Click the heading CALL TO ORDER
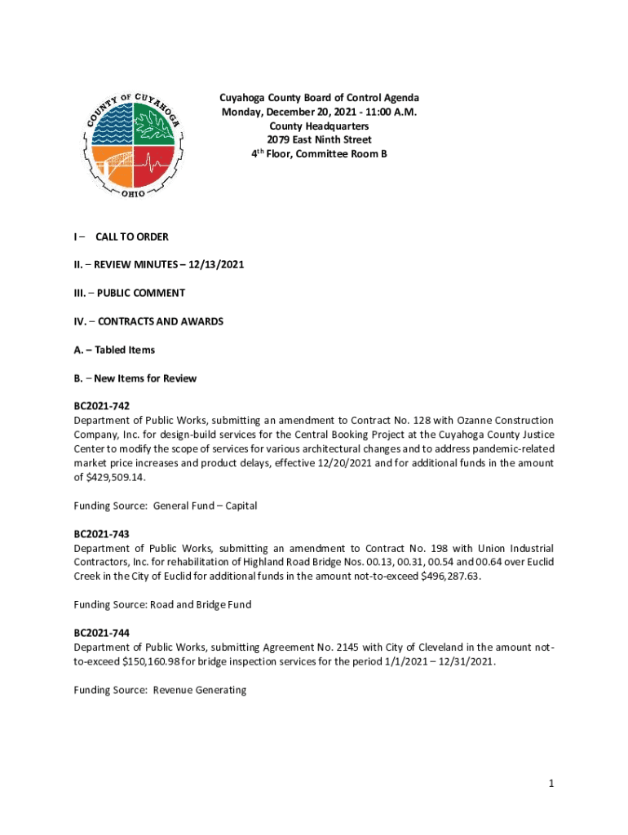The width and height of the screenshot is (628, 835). pos(132,237)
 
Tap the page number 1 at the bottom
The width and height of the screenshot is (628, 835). pos(551,784)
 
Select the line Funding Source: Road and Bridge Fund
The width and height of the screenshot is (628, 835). pos(162,605)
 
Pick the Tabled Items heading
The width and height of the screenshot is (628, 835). pos(125,350)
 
